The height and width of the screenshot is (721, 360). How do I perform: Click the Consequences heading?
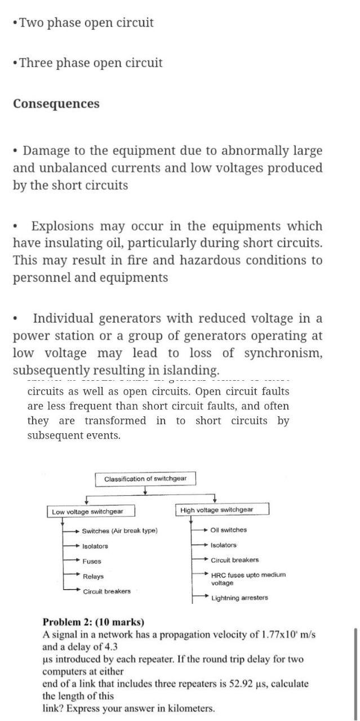tap(56, 104)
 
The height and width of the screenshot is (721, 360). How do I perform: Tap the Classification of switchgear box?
tap(145, 479)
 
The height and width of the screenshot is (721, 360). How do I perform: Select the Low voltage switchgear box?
tap(87, 511)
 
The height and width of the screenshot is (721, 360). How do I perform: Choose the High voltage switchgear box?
tap(217, 510)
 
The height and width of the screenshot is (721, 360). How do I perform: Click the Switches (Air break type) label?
tap(119, 531)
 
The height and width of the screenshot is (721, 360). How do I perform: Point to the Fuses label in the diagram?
tap(92, 561)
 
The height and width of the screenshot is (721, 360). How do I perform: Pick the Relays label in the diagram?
tap(93, 576)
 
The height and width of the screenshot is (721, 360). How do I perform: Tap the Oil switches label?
tap(228, 529)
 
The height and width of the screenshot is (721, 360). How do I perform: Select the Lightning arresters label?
tap(239, 598)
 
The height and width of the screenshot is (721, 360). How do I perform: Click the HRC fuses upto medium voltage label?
tap(248, 578)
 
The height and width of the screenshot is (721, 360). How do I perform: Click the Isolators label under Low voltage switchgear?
tap(95, 546)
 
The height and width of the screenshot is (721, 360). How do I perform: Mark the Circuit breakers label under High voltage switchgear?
tap(235, 560)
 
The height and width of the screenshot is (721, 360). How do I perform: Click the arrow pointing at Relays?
tap(72, 574)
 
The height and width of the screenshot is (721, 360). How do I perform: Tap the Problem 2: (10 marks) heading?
tap(94, 622)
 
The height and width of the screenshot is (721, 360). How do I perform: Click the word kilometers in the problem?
tap(188, 709)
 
